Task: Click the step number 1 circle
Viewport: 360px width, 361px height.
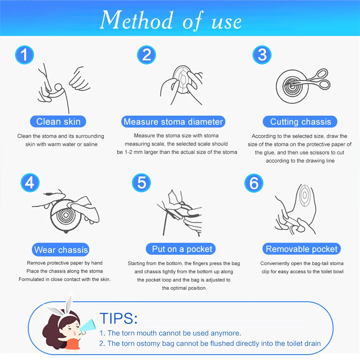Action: (x=24, y=55)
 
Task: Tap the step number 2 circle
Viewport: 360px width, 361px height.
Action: (x=146, y=55)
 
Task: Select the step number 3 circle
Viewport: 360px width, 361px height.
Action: (x=262, y=55)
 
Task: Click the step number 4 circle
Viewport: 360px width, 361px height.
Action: (x=30, y=183)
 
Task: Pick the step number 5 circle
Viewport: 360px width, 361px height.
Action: (x=141, y=183)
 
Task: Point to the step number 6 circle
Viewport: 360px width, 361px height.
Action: (x=254, y=183)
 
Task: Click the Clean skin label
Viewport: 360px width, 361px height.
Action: (x=58, y=121)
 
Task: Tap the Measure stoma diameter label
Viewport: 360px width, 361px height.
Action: (x=173, y=122)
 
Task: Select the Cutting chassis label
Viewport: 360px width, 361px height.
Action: (x=301, y=122)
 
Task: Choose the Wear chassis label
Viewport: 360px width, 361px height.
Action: (x=61, y=250)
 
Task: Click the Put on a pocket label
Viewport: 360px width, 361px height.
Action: (x=182, y=249)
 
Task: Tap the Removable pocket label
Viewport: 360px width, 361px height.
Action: (x=302, y=249)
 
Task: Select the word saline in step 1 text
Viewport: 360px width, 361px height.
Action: (x=90, y=144)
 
